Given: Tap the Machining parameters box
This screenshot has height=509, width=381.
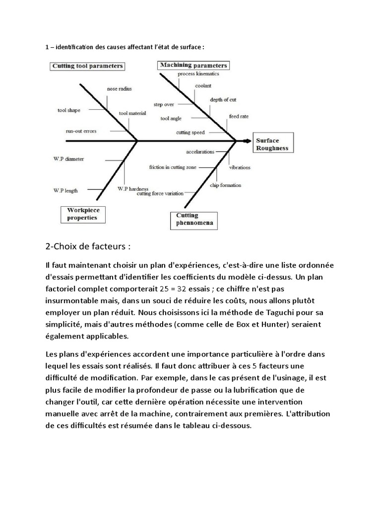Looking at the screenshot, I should (193, 65).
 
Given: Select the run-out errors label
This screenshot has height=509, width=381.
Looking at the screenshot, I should (81, 131).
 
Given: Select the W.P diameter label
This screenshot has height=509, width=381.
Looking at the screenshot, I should (68, 159).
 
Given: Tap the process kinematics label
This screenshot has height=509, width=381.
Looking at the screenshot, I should (197, 74).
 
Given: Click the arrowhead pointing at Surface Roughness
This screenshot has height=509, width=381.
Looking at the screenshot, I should (247, 141).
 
